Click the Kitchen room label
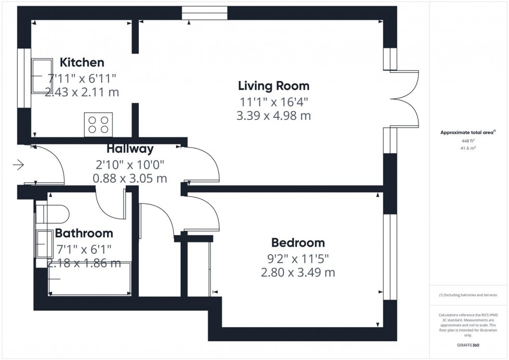click(x=82, y=63)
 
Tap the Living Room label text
click(x=273, y=86)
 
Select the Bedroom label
click(x=298, y=243)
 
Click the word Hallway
click(x=130, y=149)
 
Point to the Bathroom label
click(x=84, y=233)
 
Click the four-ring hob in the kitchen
click(x=98, y=125)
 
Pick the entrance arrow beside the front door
click(x=18, y=166)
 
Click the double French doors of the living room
click(x=408, y=99)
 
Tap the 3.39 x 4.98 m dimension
click(x=273, y=116)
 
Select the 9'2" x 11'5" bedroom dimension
click(x=298, y=258)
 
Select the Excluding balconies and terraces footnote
click(x=468, y=295)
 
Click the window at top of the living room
click(x=205, y=13)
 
